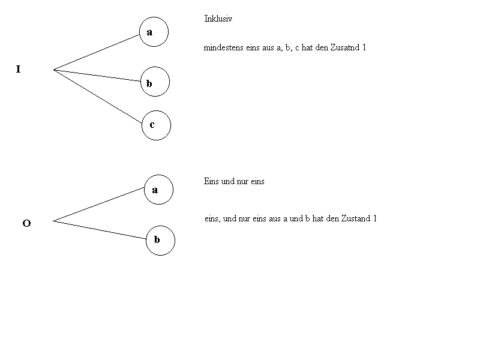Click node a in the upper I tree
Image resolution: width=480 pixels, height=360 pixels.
tap(154, 32)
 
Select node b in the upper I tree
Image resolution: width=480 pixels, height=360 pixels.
tap(155, 82)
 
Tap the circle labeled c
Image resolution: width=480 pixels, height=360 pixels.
tap(157, 125)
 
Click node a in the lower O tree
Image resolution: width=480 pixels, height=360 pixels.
tap(159, 190)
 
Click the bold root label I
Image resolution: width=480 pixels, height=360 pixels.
tap(18, 70)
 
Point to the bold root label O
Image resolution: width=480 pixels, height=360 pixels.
tap(26, 224)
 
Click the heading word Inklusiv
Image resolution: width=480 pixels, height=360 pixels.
tap(218, 19)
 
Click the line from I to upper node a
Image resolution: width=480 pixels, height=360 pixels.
tap(96, 52)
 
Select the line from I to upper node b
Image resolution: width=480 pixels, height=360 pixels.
tap(96, 75)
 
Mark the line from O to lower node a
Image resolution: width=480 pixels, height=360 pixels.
tap(99, 205)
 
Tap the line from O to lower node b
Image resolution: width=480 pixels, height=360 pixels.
tap(99, 230)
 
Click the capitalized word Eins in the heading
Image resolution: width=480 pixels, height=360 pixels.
tap(212, 181)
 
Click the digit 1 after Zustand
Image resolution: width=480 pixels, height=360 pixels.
tap(374, 218)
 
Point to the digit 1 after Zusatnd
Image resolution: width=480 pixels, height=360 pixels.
tap(364, 47)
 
